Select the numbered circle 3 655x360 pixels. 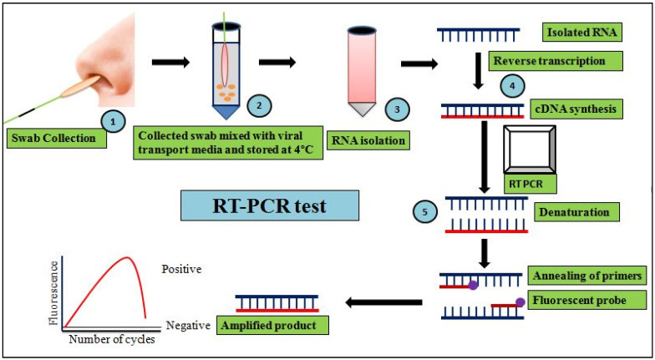pos(398,109)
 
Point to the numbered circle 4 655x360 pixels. pos(512,85)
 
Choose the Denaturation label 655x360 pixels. pos(575,212)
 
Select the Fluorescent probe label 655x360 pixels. pos(578,301)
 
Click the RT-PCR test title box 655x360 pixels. pos(271,205)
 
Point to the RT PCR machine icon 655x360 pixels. pos(530,149)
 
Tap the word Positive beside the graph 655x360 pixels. pos(182,269)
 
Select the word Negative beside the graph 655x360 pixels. pos(187,325)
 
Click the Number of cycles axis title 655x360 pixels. pos(112,339)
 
